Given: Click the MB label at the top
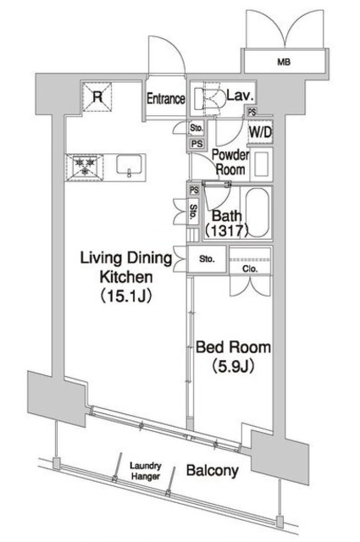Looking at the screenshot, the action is [x=284, y=62].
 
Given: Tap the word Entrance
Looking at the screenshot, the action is [x=166, y=99].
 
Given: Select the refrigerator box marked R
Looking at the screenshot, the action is [x=97, y=97].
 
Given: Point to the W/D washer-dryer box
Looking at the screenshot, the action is [x=261, y=132].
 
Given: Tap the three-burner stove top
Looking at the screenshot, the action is [x=85, y=167].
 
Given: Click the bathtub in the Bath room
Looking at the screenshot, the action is [x=257, y=213].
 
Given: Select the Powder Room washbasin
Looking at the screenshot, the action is [x=262, y=164].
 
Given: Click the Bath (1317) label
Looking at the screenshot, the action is [x=226, y=223].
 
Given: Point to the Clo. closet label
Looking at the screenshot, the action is [x=250, y=268].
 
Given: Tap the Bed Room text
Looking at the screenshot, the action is [x=233, y=347].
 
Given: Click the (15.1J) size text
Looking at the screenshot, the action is [x=126, y=296].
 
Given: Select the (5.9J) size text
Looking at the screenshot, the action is [x=233, y=367].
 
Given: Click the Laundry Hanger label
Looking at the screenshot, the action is [x=146, y=471].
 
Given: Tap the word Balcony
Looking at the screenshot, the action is [x=213, y=471].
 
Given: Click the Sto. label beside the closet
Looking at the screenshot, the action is [x=207, y=259].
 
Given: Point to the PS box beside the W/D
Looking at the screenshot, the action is [x=252, y=112].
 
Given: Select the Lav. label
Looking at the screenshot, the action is [x=241, y=95].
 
